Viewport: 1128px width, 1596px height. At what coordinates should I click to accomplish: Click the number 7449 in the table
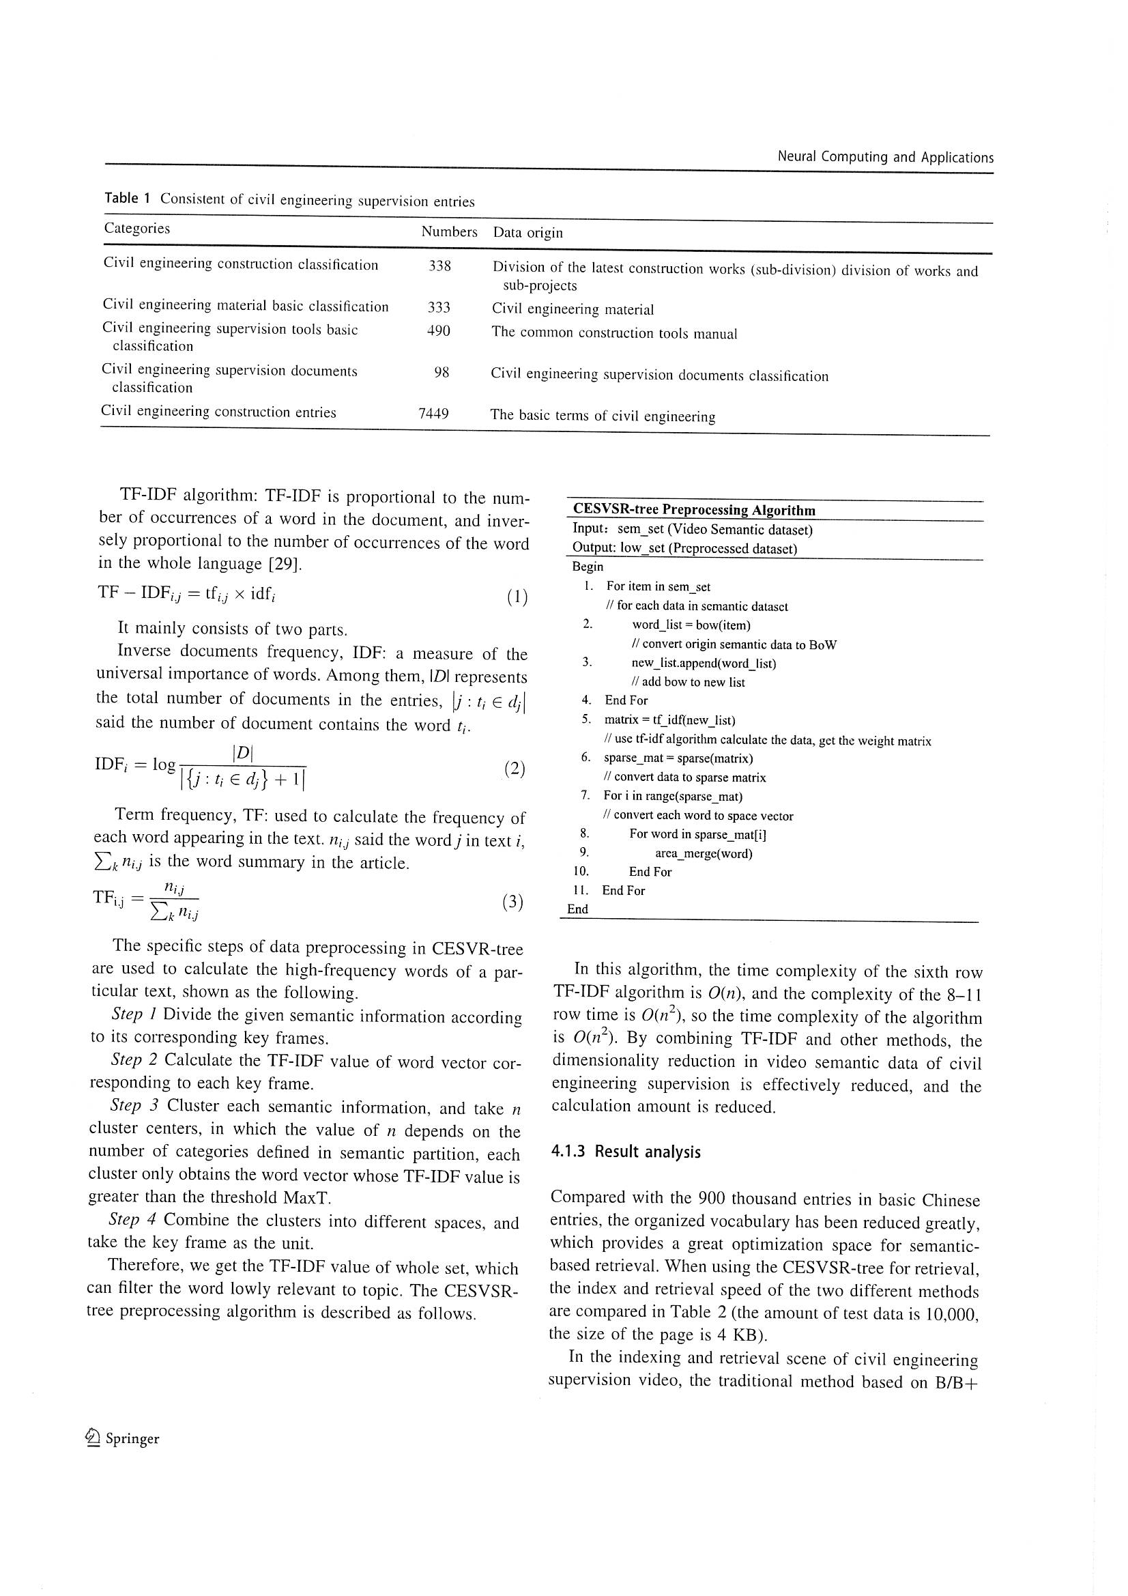(433, 414)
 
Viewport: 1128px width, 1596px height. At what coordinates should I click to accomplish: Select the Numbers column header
(449, 231)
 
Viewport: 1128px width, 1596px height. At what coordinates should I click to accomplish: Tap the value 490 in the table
(439, 331)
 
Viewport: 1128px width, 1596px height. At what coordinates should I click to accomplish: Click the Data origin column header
(527, 233)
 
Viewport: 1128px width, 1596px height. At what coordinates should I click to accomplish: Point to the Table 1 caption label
(127, 198)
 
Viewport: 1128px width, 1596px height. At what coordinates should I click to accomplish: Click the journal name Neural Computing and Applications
(885, 157)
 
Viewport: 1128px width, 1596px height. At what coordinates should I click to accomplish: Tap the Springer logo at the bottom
(121, 1438)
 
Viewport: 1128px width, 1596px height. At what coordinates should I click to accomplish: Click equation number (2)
(515, 769)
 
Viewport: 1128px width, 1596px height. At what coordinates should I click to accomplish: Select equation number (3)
(512, 902)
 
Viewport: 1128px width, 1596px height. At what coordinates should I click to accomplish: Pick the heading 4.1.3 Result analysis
(626, 1152)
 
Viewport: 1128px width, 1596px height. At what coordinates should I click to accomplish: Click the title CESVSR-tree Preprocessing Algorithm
(693, 510)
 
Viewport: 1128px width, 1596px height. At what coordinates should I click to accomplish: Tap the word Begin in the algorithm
(588, 567)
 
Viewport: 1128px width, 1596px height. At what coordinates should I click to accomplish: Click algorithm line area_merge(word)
(704, 853)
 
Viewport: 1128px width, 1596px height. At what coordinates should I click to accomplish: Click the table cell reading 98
(442, 373)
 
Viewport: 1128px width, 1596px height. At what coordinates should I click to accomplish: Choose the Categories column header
(137, 228)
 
